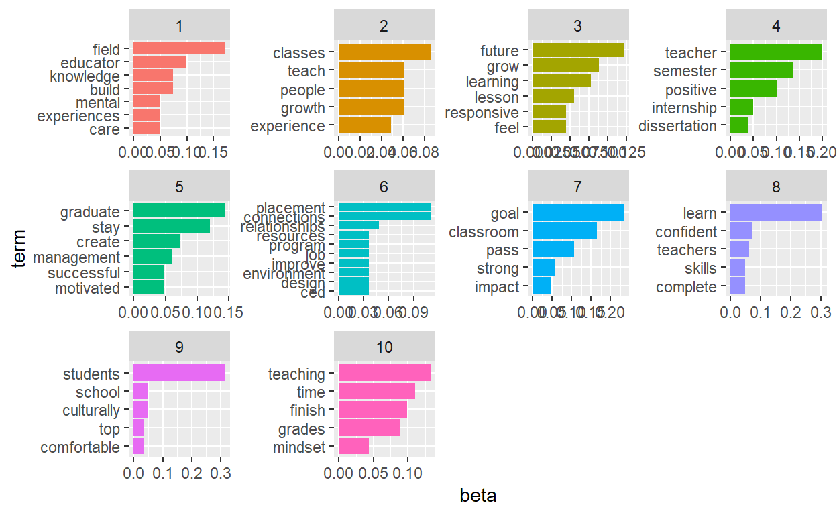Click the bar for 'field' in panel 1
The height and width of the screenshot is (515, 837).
click(x=179, y=49)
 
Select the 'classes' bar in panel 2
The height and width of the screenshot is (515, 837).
click(x=384, y=52)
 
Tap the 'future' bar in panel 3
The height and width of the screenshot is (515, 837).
click(x=577, y=50)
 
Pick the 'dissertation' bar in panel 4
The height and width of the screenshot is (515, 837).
click(x=738, y=125)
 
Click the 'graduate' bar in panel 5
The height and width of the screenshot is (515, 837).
click(x=179, y=211)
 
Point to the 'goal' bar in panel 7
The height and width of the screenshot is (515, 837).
click(x=577, y=213)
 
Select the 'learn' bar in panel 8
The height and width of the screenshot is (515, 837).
click(x=775, y=213)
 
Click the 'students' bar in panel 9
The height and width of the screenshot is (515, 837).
click(x=179, y=374)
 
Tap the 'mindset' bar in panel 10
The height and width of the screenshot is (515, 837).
click(x=353, y=447)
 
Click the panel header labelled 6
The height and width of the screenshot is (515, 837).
click(x=384, y=187)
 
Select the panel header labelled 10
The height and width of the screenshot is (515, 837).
click(x=384, y=347)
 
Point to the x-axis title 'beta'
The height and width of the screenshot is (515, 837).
click(x=478, y=496)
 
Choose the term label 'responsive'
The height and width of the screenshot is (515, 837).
click(x=482, y=113)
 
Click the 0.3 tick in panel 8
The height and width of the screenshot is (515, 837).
click(x=821, y=312)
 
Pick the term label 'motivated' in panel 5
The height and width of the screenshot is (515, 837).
click(x=87, y=288)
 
